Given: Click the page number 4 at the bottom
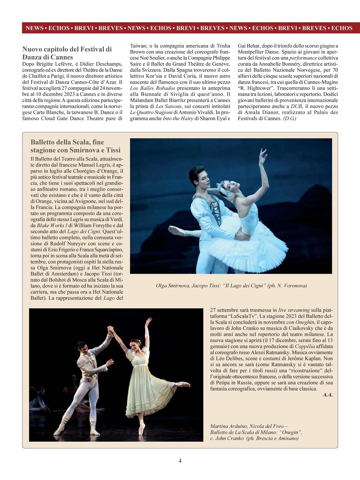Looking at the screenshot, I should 180,461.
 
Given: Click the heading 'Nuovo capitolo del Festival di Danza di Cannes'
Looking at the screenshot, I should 67,53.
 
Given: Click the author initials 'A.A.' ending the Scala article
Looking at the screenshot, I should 327,395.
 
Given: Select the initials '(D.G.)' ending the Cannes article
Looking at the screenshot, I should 289,118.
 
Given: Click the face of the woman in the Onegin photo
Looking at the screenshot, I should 135,344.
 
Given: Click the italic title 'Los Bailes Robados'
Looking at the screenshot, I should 153,88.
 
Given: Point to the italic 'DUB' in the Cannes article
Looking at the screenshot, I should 296,106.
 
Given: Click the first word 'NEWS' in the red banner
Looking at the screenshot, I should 34,28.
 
